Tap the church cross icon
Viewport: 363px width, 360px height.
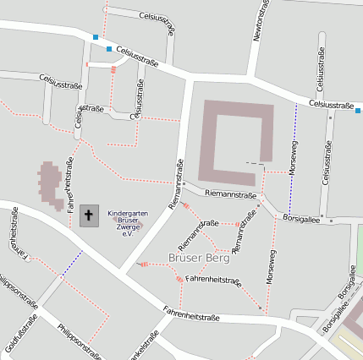(x=89, y=215)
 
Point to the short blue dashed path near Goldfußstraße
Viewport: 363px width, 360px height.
(x=71, y=263)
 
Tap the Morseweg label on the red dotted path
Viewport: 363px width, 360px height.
(x=271, y=266)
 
